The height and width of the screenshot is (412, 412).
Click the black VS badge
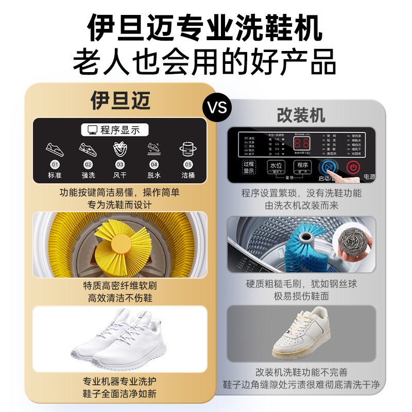pos(217,107)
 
